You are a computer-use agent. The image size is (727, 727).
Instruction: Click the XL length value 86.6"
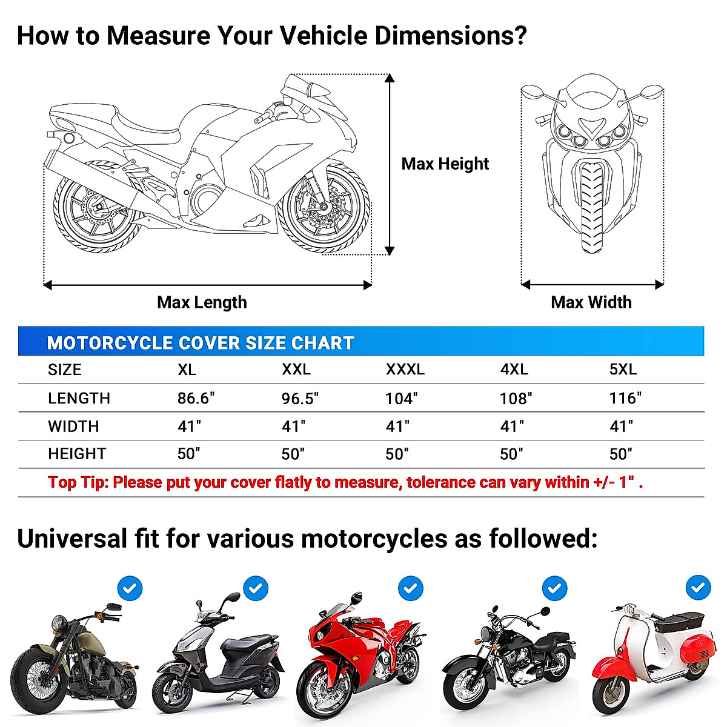point(196,398)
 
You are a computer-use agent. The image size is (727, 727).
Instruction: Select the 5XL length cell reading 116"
point(625,398)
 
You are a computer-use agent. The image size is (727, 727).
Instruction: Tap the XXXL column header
point(405,370)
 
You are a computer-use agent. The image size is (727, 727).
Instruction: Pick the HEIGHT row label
point(77,454)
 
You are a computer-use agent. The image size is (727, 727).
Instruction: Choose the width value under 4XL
point(512,427)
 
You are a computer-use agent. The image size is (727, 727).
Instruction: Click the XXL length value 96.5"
point(300,399)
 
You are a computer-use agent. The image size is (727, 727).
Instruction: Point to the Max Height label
point(445,164)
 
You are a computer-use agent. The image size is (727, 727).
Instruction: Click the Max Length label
point(202,302)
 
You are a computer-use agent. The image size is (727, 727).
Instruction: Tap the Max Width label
point(591,302)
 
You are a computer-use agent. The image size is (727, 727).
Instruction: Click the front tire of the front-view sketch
point(592,206)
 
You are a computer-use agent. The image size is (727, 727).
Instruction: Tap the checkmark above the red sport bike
point(411,588)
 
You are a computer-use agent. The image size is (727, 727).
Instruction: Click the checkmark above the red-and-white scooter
point(698,588)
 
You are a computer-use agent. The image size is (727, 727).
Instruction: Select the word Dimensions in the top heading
point(451,36)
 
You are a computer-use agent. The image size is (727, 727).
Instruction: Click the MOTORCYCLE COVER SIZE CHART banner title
point(200,343)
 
